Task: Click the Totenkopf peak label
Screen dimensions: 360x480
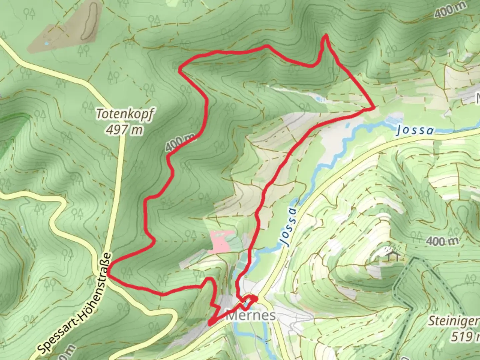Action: click(125, 114)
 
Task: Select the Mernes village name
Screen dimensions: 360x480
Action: click(251, 315)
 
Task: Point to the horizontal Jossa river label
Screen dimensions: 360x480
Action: click(415, 130)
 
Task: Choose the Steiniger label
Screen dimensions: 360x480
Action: click(453, 321)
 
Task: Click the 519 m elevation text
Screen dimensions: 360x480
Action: click(465, 337)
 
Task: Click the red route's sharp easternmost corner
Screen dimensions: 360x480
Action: click(374, 107)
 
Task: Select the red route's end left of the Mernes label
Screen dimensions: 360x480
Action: click(210, 323)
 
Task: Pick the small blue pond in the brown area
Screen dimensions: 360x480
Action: click(47, 44)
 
